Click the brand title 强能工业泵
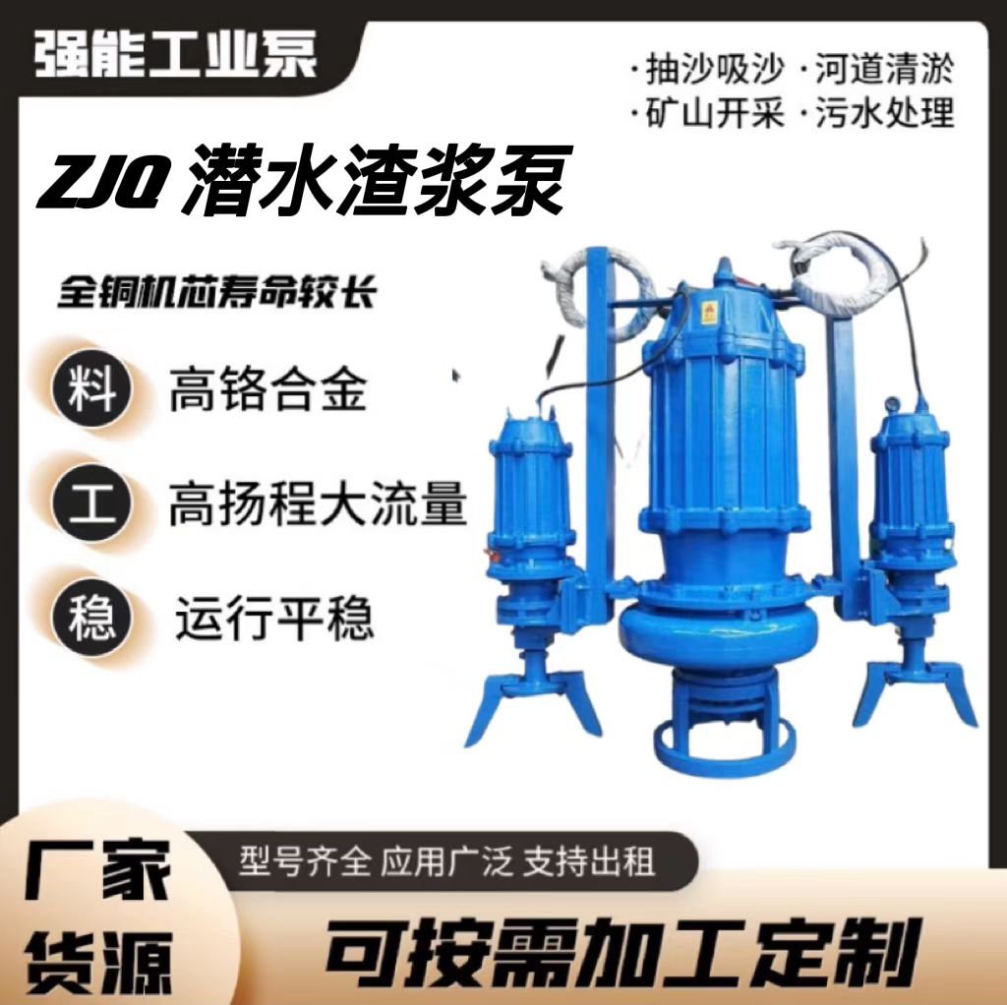coord(175,54)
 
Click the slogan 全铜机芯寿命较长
coord(216,292)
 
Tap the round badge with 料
coord(91,387)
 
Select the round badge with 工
coord(91,502)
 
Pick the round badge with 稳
coord(91,617)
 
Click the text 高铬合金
coord(267,389)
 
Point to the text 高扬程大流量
coord(318,503)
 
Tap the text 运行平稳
coord(274,617)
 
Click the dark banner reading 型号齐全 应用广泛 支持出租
coord(447,861)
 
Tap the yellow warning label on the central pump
coord(709,311)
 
